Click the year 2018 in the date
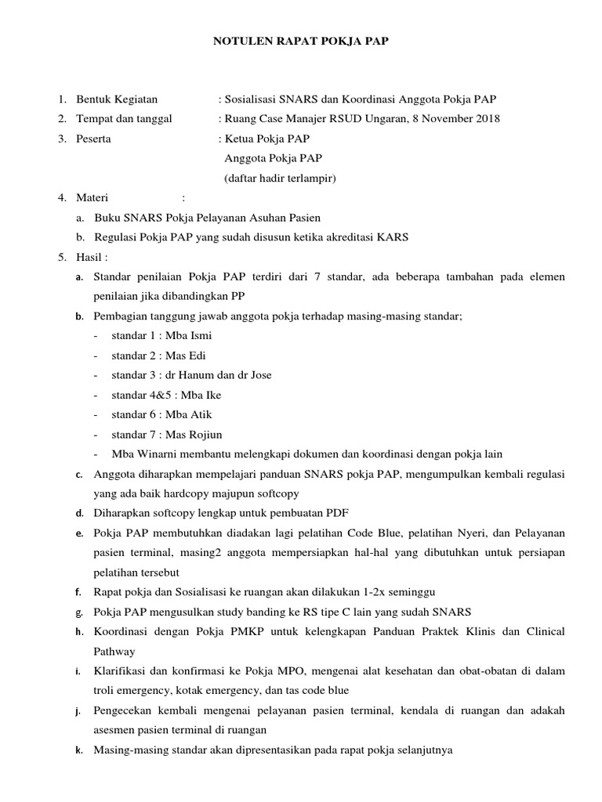[484, 119]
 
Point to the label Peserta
[93, 139]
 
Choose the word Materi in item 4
[92, 198]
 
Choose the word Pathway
[114, 652]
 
